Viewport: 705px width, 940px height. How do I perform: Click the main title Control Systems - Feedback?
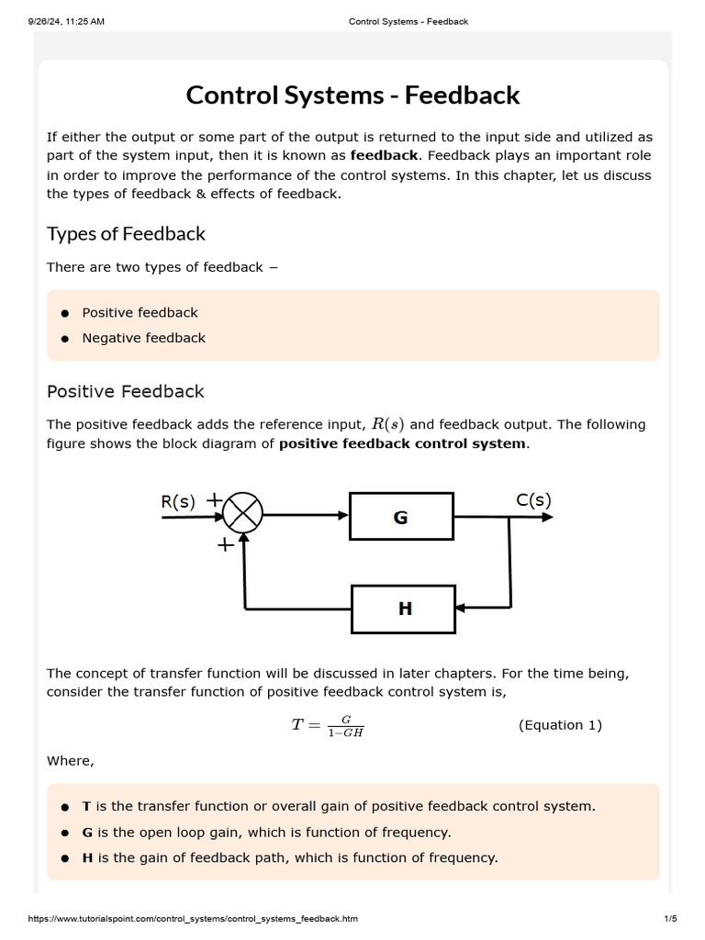pos(352,95)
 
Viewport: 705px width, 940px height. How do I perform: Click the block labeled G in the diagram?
pos(401,517)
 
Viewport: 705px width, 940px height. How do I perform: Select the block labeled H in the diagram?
pos(404,608)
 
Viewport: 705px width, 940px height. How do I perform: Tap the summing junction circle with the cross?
pos(243,514)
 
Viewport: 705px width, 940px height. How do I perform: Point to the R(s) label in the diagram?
pos(178,501)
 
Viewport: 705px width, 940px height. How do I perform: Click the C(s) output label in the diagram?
pos(533,500)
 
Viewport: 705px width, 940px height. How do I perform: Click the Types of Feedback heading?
pos(126,233)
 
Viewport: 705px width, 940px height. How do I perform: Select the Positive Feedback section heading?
pos(125,391)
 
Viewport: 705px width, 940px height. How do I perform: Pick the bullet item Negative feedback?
pos(143,338)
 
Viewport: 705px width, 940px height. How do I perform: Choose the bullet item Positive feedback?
pos(140,312)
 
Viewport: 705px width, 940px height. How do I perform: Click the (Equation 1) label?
pos(560,725)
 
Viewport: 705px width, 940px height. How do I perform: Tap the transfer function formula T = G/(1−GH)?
pos(328,726)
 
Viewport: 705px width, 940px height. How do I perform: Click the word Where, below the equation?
pos(71,761)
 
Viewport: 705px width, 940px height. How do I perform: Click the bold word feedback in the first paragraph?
pos(384,155)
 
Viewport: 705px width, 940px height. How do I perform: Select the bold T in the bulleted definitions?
pos(86,806)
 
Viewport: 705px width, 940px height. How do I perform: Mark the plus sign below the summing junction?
pos(223,545)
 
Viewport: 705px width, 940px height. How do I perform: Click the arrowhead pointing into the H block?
pos(462,608)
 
